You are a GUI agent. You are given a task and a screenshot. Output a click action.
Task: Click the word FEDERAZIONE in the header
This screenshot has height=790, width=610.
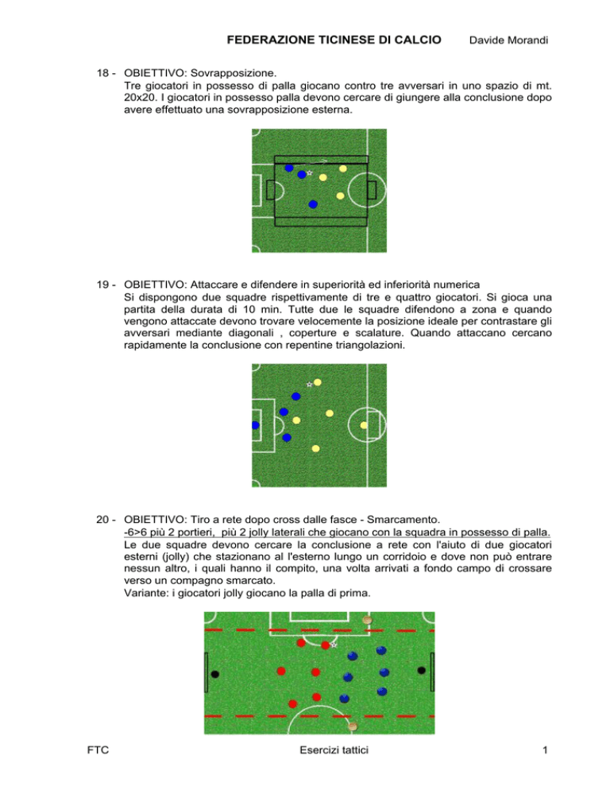coord(271,40)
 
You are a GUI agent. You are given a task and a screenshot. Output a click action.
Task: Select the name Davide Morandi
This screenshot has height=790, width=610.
coord(508,41)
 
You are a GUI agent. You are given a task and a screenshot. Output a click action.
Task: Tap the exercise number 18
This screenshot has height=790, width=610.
coord(102,73)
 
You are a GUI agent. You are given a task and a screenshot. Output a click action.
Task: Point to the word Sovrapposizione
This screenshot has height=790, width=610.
coord(234,73)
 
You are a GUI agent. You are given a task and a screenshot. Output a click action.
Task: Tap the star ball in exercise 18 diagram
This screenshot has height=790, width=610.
coord(309,172)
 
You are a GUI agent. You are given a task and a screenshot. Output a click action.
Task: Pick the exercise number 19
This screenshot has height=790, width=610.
coord(102,285)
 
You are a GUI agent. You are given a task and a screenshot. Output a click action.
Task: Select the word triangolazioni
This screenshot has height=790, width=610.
coord(369,346)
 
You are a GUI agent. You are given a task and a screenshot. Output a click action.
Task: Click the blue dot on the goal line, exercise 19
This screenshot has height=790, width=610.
coord(255,425)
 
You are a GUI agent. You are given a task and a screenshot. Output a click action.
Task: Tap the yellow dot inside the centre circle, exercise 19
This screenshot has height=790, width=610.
coord(364,425)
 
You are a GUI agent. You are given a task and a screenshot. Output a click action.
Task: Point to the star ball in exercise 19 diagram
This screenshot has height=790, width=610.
coord(309,385)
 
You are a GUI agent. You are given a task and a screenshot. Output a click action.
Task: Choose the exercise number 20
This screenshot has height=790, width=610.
coord(102,520)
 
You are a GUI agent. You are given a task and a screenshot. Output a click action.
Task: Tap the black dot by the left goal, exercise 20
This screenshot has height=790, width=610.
coord(215,674)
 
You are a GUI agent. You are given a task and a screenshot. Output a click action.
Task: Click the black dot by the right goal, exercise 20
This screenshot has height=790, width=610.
coord(422,670)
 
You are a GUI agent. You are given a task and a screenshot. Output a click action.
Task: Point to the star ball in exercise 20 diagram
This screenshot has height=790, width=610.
coord(334,645)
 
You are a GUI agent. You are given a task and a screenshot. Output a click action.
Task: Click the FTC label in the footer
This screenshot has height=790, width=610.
coord(98,750)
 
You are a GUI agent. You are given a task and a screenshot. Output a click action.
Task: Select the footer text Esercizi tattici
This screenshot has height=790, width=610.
coord(334,750)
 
